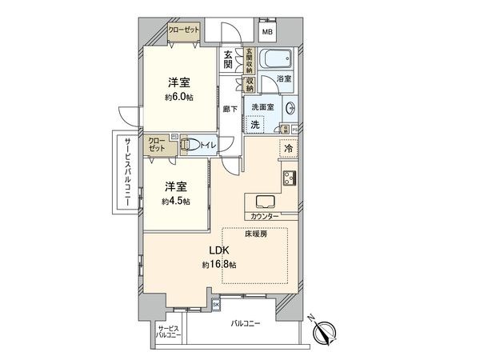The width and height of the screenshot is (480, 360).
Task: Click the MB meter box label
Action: (267, 32)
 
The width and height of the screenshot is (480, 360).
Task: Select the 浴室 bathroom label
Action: (283, 79)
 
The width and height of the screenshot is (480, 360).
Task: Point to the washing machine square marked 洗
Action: (256, 124)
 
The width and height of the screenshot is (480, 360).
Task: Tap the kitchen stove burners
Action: (288, 178)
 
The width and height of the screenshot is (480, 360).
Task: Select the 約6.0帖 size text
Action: (178, 98)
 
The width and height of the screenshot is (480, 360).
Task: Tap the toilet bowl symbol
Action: (190, 145)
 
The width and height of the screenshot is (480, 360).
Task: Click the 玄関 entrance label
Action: (228, 60)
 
